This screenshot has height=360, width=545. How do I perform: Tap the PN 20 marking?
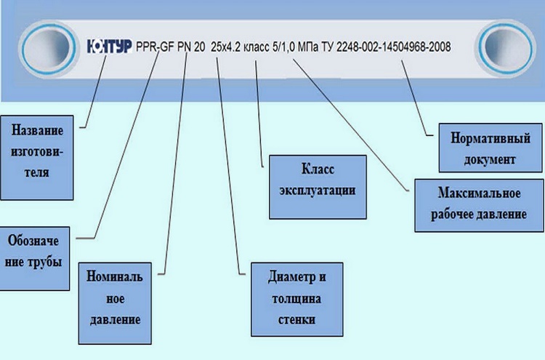pos(190,47)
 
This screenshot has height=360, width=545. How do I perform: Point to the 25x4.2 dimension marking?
pos(227,47)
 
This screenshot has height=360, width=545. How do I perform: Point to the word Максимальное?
pos(479,194)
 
